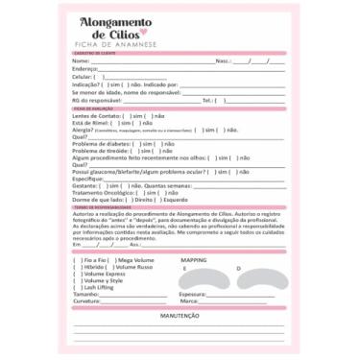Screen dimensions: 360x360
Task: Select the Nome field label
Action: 82,60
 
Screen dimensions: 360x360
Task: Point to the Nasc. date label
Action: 223,60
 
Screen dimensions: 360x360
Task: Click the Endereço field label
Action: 85,68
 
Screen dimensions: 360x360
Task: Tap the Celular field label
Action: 84,76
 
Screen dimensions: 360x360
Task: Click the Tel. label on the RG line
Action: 208,100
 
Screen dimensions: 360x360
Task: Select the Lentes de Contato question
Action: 100,116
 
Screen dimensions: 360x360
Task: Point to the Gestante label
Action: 85,185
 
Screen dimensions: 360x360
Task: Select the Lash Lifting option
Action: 98,287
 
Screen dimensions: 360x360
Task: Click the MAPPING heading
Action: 194,260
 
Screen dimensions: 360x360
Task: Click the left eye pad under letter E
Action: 199,279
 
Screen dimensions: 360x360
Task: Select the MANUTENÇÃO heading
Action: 180,315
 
